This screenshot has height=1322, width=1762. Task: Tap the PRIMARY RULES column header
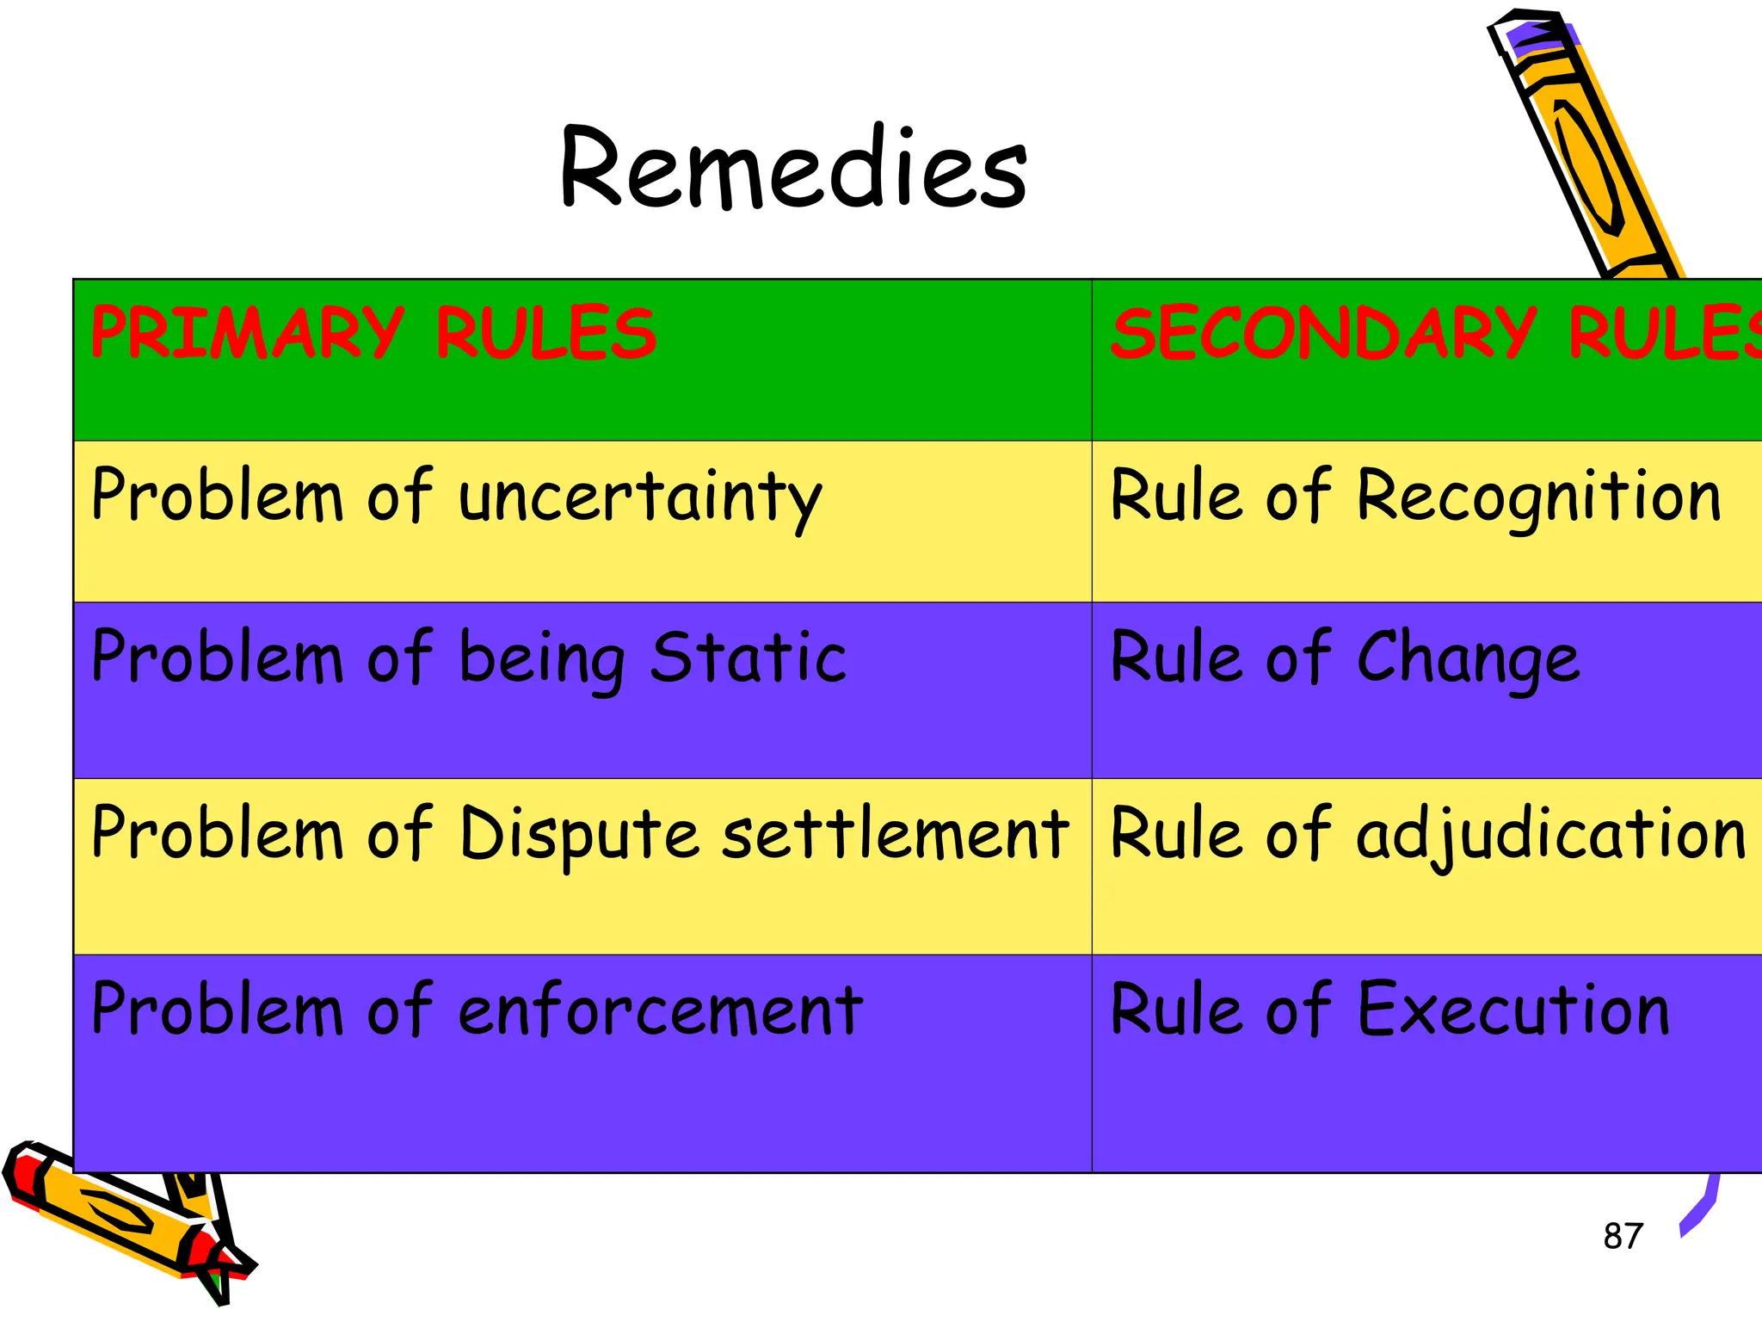373,333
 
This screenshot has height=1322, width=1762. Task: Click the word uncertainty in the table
640,497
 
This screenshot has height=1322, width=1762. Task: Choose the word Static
748,658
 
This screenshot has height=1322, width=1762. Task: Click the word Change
1468,659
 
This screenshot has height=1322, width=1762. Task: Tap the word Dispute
578,835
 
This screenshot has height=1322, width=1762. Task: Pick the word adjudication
1550,835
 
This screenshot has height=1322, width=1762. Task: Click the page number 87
1623,1236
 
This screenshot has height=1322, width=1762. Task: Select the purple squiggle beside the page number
1700,1209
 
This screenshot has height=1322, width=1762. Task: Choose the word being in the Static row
541,659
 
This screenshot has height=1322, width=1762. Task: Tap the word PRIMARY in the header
247,333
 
